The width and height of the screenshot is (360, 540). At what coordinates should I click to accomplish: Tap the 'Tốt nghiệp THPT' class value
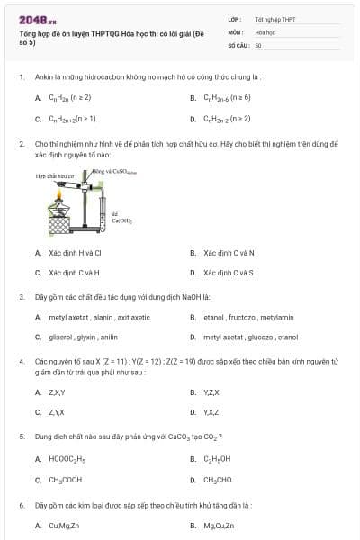coord(274,19)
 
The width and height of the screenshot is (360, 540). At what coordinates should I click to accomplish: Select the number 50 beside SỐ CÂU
coord(258,44)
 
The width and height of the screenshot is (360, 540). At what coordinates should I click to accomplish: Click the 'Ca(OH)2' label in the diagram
coord(121,219)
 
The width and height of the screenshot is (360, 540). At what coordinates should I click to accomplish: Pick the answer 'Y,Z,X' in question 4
coord(211,392)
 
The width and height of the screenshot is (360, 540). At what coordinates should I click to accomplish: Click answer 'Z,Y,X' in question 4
coord(57,411)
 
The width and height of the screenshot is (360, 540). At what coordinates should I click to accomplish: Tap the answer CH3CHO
coord(217,480)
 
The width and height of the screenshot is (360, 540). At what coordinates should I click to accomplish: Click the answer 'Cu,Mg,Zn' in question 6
coord(64,526)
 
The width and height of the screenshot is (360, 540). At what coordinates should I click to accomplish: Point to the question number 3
coord(21,296)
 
